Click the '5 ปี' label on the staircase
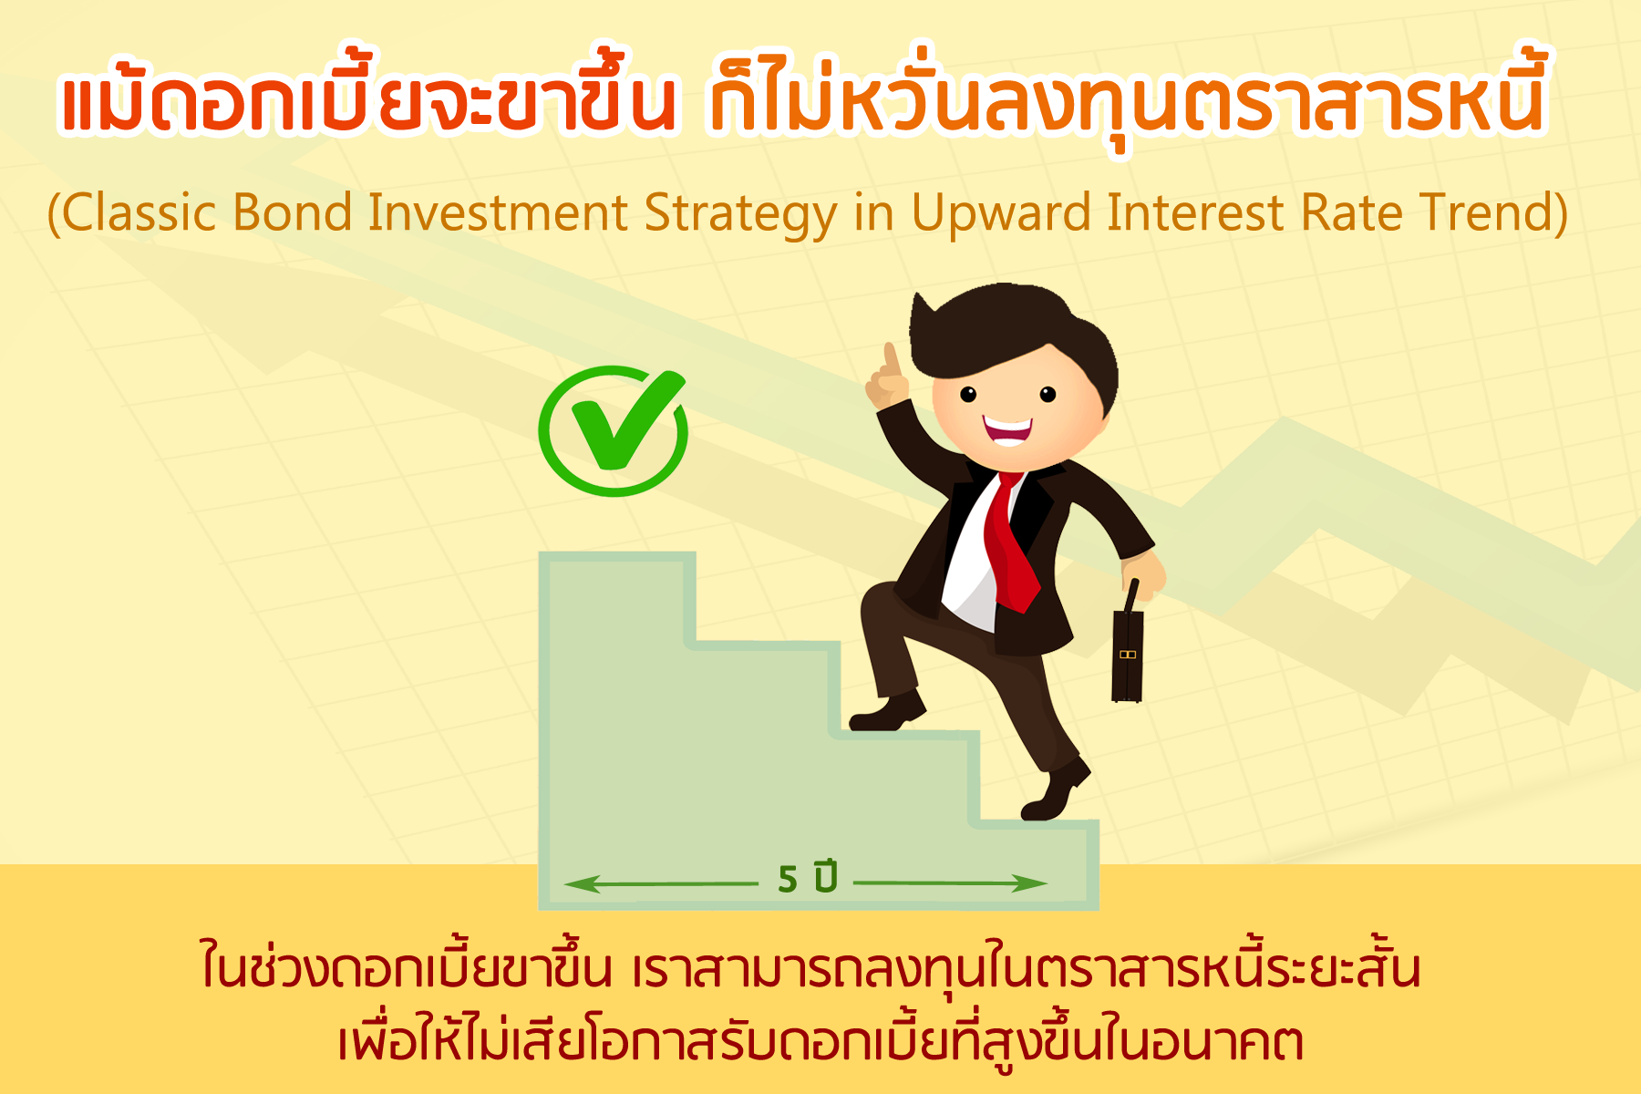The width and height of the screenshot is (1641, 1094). pos(808,879)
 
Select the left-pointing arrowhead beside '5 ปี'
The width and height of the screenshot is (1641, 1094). pos(582,883)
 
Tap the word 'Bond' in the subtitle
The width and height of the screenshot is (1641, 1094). pos(293,212)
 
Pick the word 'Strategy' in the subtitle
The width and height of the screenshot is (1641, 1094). pos(741,215)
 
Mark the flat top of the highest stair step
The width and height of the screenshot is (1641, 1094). pos(617,555)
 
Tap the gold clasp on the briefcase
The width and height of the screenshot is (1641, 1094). pos(1128,655)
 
